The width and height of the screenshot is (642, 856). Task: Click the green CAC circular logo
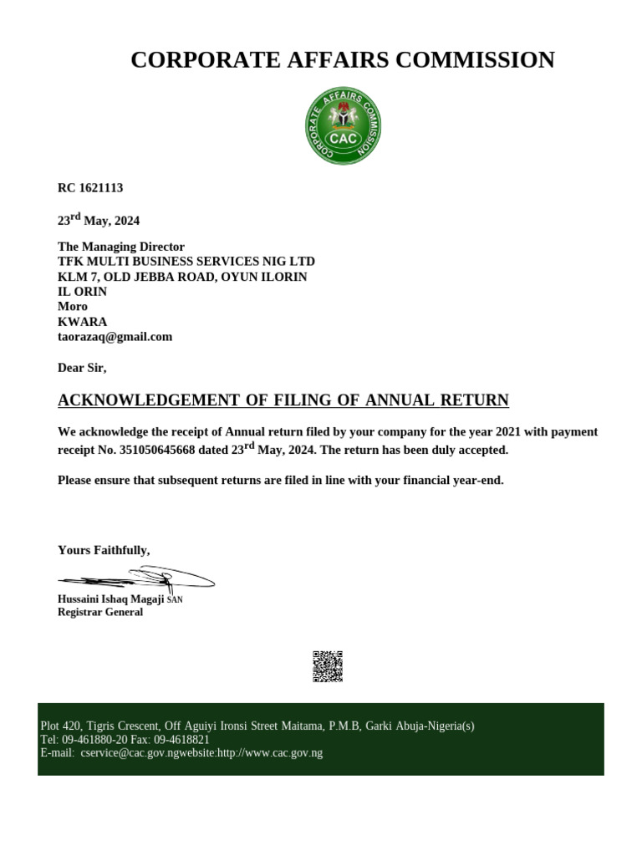point(343,125)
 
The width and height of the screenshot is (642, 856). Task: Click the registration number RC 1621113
point(90,188)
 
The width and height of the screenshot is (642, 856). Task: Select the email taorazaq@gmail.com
point(115,337)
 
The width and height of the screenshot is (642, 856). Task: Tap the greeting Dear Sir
point(82,368)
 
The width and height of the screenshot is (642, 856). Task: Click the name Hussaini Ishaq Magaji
point(111,599)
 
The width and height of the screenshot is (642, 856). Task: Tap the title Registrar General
point(100,612)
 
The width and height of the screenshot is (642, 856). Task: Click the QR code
point(328,666)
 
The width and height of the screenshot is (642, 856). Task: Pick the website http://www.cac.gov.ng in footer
point(269,753)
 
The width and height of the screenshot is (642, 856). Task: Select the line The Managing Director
point(120,247)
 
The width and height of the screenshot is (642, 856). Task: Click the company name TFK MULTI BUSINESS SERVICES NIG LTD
point(186,262)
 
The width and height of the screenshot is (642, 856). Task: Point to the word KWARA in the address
point(82,322)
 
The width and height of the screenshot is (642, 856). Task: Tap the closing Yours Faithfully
point(104,550)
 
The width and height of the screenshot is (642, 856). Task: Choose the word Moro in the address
point(73,307)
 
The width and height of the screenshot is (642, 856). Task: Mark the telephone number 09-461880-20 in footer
point(94,740)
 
